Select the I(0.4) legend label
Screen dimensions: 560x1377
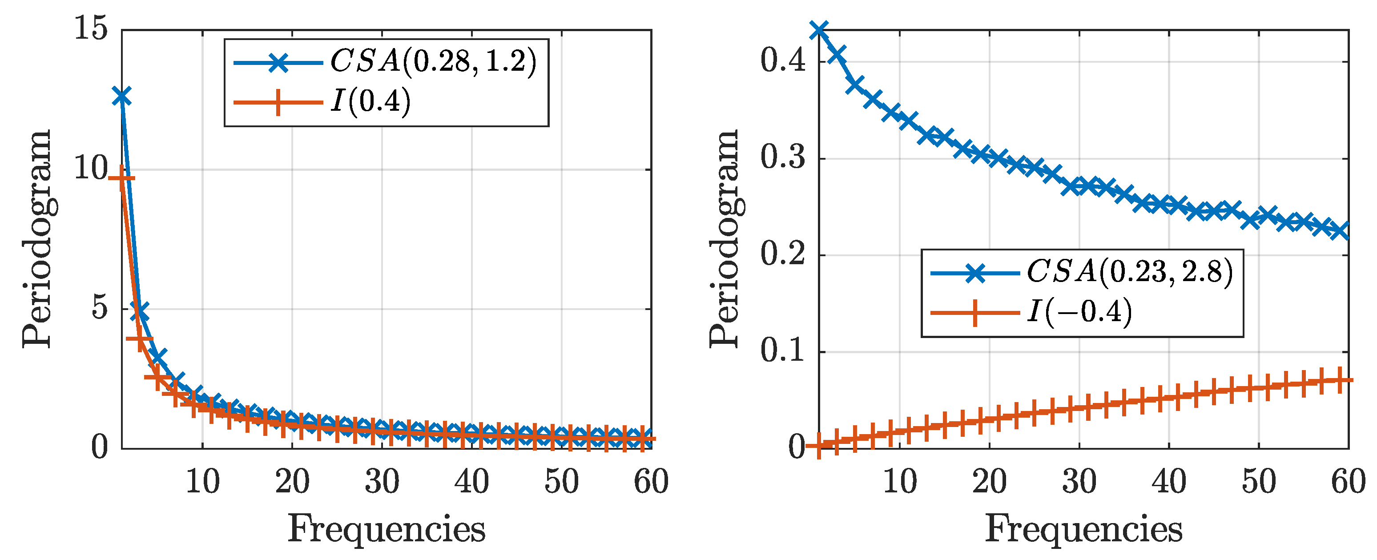pyautogui.click(x=370, y=101)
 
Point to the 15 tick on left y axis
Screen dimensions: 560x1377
pyautogui.click(x=91, y=28)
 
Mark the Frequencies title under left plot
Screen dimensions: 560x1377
pyautogui.click(x=387, y=529)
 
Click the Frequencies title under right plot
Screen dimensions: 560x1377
pyautogui.click(x=1083, y=529)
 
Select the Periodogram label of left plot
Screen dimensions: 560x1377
pyautogui.click(x=37, y=239)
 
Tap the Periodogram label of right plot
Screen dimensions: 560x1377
pyautogui.click(x=725, y=239)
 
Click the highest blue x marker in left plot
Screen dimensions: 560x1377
pyautogui.click(x=122, y=97)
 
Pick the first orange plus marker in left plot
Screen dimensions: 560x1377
pyautogui.click(x=122, y=178)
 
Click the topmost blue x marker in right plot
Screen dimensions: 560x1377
pyautogui.click(x=819, y=30)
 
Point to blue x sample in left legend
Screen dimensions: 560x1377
pyautogui.click(x=278, y=63)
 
